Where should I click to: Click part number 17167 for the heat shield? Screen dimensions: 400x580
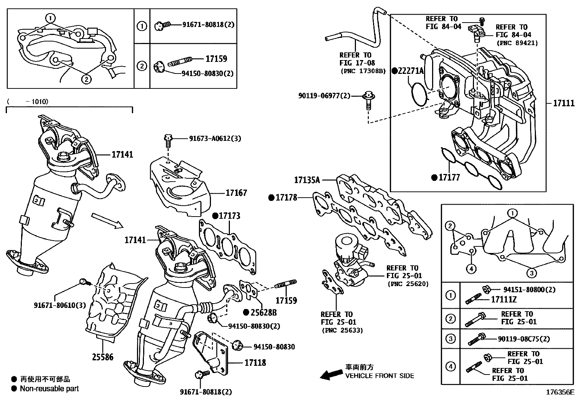click(236, 193)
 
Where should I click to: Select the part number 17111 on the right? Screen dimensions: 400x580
click(563, 103)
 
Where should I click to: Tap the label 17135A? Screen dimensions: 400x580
click(307, 180)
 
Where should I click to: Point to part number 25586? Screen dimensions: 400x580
click(102, 357)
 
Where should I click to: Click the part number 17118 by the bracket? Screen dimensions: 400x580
click(255, 363)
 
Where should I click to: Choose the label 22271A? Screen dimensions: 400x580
click(410, 71)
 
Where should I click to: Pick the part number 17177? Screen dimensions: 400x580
click(449, 178)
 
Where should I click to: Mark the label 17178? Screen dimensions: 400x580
click(286, 198)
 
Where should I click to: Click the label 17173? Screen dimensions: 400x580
click(229, 216)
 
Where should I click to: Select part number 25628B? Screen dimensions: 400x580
click(263, 312)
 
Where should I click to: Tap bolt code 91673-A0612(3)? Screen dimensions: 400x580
click(215, 139)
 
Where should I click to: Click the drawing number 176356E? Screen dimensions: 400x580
click(560, 393)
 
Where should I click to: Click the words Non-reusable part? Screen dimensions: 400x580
click(49, 389)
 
